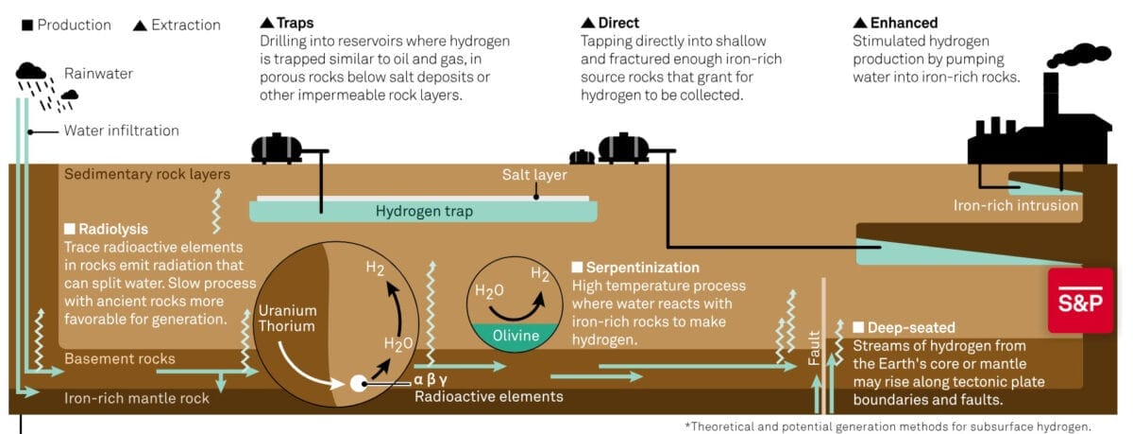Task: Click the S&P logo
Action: [1080, 300]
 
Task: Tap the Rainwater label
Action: [97, 73]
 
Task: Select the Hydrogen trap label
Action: [424, 211]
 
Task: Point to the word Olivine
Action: [516, 336]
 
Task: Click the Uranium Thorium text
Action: [288, 319]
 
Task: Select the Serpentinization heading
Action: [642, 268]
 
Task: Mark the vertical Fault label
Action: [814, 346]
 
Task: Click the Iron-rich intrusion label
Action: [1015, 205]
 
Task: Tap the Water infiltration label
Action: [121, 130]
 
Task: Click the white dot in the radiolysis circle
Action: [359, 384]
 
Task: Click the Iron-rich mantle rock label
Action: [137, 398]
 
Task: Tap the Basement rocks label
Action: [119, 358]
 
